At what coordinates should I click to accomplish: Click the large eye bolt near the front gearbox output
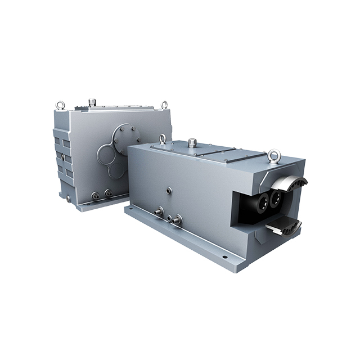[x=274, y=155]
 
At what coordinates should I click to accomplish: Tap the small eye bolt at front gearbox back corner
[x=163, y=138]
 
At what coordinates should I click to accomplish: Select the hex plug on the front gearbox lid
[x=192, y=142]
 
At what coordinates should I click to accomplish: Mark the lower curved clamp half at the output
[x=284, y=226]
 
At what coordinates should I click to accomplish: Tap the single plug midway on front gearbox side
[x=169, y=191]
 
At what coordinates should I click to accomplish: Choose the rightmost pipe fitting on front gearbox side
[x=179, y=219]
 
